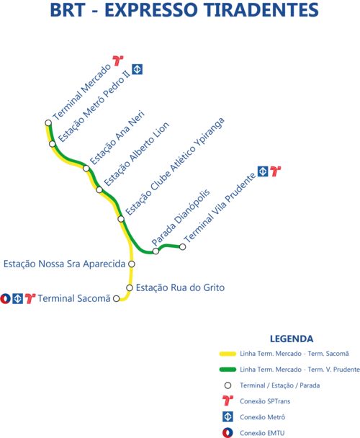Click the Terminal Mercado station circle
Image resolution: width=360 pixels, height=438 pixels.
[48, 123]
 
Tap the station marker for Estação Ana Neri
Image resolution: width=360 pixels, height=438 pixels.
[86, 169]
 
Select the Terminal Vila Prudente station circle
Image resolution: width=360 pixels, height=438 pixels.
[182, 247]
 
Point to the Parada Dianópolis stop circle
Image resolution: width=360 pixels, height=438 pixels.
[156, 251]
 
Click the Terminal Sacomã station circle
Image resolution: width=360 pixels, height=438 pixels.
[116, 299]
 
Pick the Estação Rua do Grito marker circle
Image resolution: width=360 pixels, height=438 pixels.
[130, 287]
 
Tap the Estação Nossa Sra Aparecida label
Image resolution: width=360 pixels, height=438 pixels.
[64, 264]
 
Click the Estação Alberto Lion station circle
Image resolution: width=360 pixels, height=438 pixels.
[99, 190]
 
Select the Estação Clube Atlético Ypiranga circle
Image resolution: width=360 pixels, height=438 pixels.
[121, 219]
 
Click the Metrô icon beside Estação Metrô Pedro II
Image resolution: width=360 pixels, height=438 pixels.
[137, 69]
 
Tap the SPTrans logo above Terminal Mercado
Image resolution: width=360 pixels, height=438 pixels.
[118, 61]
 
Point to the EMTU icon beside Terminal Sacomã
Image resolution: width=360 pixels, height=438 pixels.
[5, 299]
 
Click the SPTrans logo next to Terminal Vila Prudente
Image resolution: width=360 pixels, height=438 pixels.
[276, 171]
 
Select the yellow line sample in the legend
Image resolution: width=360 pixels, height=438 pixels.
[228, 354]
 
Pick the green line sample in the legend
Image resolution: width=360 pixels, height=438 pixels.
[228, 370]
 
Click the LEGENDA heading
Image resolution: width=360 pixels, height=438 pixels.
[292, 339]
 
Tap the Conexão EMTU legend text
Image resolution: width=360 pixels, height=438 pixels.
[262, 433]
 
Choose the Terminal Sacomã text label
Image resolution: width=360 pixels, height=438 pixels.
[74, 298]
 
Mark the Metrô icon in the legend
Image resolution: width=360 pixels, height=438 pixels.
[228, 417]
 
